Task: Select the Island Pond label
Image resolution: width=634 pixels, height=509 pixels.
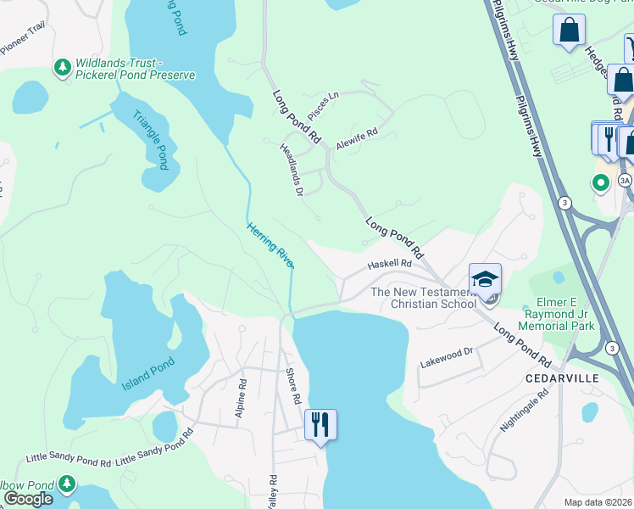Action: click(x=147, y=373)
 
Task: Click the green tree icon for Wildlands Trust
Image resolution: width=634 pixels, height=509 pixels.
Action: click(x=62, y=66)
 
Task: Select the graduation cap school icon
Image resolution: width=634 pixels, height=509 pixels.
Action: click(x=485, y=279)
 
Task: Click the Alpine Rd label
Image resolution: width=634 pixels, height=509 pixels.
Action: click(x=242, y=395)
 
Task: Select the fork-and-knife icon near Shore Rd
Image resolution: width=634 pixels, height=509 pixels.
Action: click(x=320, y=424)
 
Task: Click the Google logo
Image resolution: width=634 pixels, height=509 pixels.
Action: click(x=28, y=498)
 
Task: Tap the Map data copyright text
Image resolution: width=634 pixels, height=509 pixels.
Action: click(x=598, y=502)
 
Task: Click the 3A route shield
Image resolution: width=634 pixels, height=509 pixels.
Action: click(x=625, y=180)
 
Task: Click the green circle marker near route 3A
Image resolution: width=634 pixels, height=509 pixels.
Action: click(x=601, y=182)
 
